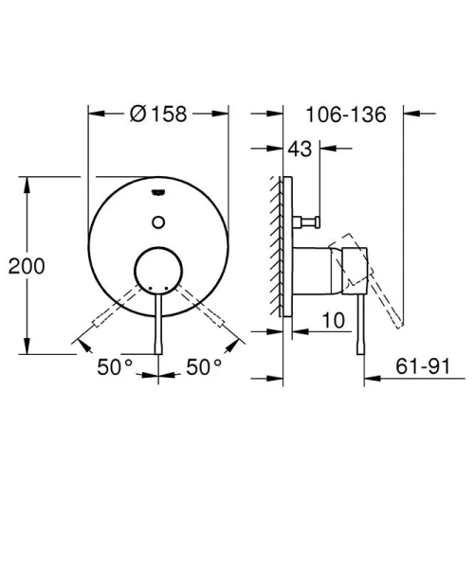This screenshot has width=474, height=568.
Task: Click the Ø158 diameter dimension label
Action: pyautogui.click(x=158, y=114)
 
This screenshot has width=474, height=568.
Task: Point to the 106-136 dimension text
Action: pyautogui.click(x=347, y=115)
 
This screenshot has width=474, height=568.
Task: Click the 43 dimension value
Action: pyautogui.click(x=301, y=149)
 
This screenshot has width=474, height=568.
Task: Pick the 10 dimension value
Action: pyautogui.click(x=331, y=322)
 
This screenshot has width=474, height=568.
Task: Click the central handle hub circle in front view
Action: pyautogui.click(x=158, y=271)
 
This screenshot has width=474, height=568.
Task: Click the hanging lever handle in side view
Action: pyautogui.click(x=361, y=322)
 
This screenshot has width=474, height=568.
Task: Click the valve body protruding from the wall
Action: pyautogui.click(x=313, y=271)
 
